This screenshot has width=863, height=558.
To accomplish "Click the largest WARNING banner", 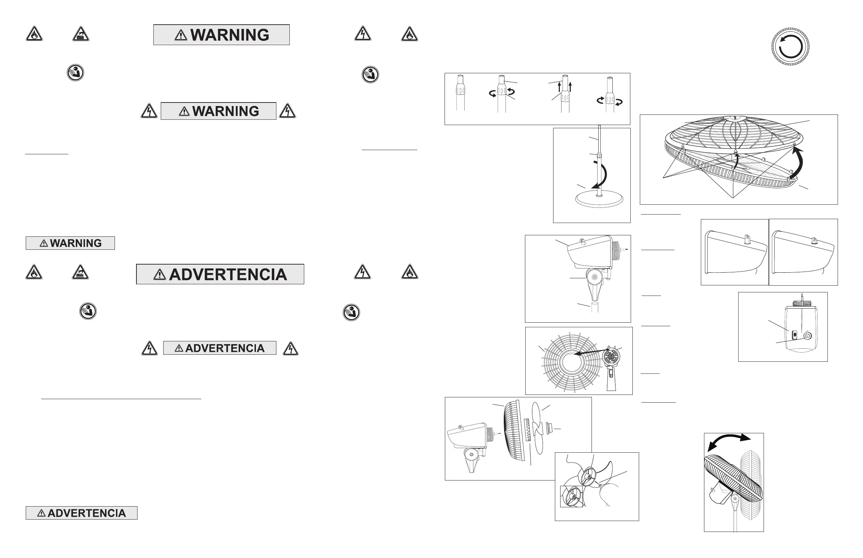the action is pos(221,35).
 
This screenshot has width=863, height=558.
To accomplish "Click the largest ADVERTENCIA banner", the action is pos(220,274).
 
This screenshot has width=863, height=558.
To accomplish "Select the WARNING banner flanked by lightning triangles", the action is pos(218,111).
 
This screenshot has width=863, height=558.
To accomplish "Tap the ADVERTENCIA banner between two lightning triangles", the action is pos(219,348).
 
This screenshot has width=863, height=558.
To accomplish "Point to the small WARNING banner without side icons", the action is pos(71,243).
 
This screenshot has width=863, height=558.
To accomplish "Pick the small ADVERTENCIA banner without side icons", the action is pos(81,513).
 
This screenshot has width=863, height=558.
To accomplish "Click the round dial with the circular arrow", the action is pos(790,47).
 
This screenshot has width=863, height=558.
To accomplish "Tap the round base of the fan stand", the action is pos(599,200).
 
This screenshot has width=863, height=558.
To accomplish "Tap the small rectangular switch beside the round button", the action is pos(795,335).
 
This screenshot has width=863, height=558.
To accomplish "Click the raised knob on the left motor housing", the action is pos(747,240).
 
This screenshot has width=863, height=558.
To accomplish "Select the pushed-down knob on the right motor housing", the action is pos(814,240).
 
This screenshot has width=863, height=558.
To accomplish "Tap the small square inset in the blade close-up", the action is pos(571,497).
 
